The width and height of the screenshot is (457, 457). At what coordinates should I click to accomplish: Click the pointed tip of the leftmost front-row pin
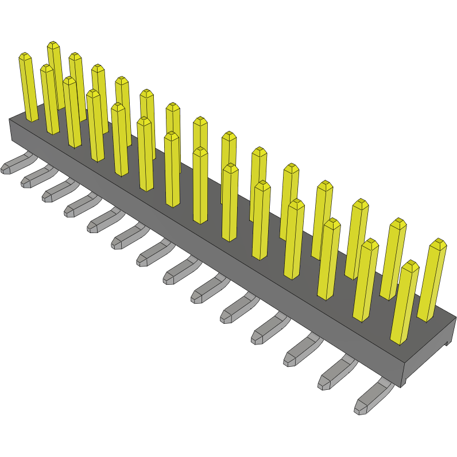coord(24,56)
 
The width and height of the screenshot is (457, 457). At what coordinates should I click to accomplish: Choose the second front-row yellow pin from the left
coord(49,100)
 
